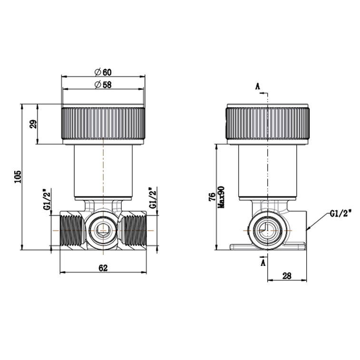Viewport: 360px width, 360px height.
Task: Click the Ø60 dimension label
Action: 103,72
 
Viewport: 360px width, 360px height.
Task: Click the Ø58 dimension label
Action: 103,85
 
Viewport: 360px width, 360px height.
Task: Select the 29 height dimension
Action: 33,125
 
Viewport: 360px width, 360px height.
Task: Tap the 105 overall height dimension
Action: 18,177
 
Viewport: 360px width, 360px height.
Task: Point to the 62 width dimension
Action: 103,268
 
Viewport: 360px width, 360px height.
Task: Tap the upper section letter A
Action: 258,86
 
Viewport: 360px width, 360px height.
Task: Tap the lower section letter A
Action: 263,263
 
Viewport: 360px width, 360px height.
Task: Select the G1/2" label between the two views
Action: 152,198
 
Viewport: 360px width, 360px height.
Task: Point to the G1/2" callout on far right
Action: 340,214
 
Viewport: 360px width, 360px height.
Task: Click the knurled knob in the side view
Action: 268,123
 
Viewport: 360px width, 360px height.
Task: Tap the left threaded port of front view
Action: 71,231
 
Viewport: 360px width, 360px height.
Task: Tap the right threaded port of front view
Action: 135,231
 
